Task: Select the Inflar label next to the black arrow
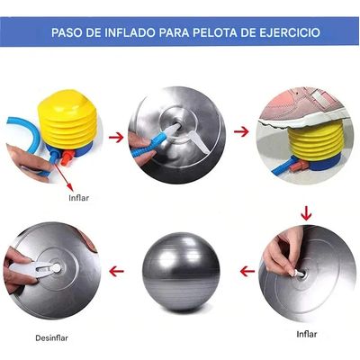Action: point(80,195)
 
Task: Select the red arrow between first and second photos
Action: point(115,136)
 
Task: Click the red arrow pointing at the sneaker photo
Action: point(239,131)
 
